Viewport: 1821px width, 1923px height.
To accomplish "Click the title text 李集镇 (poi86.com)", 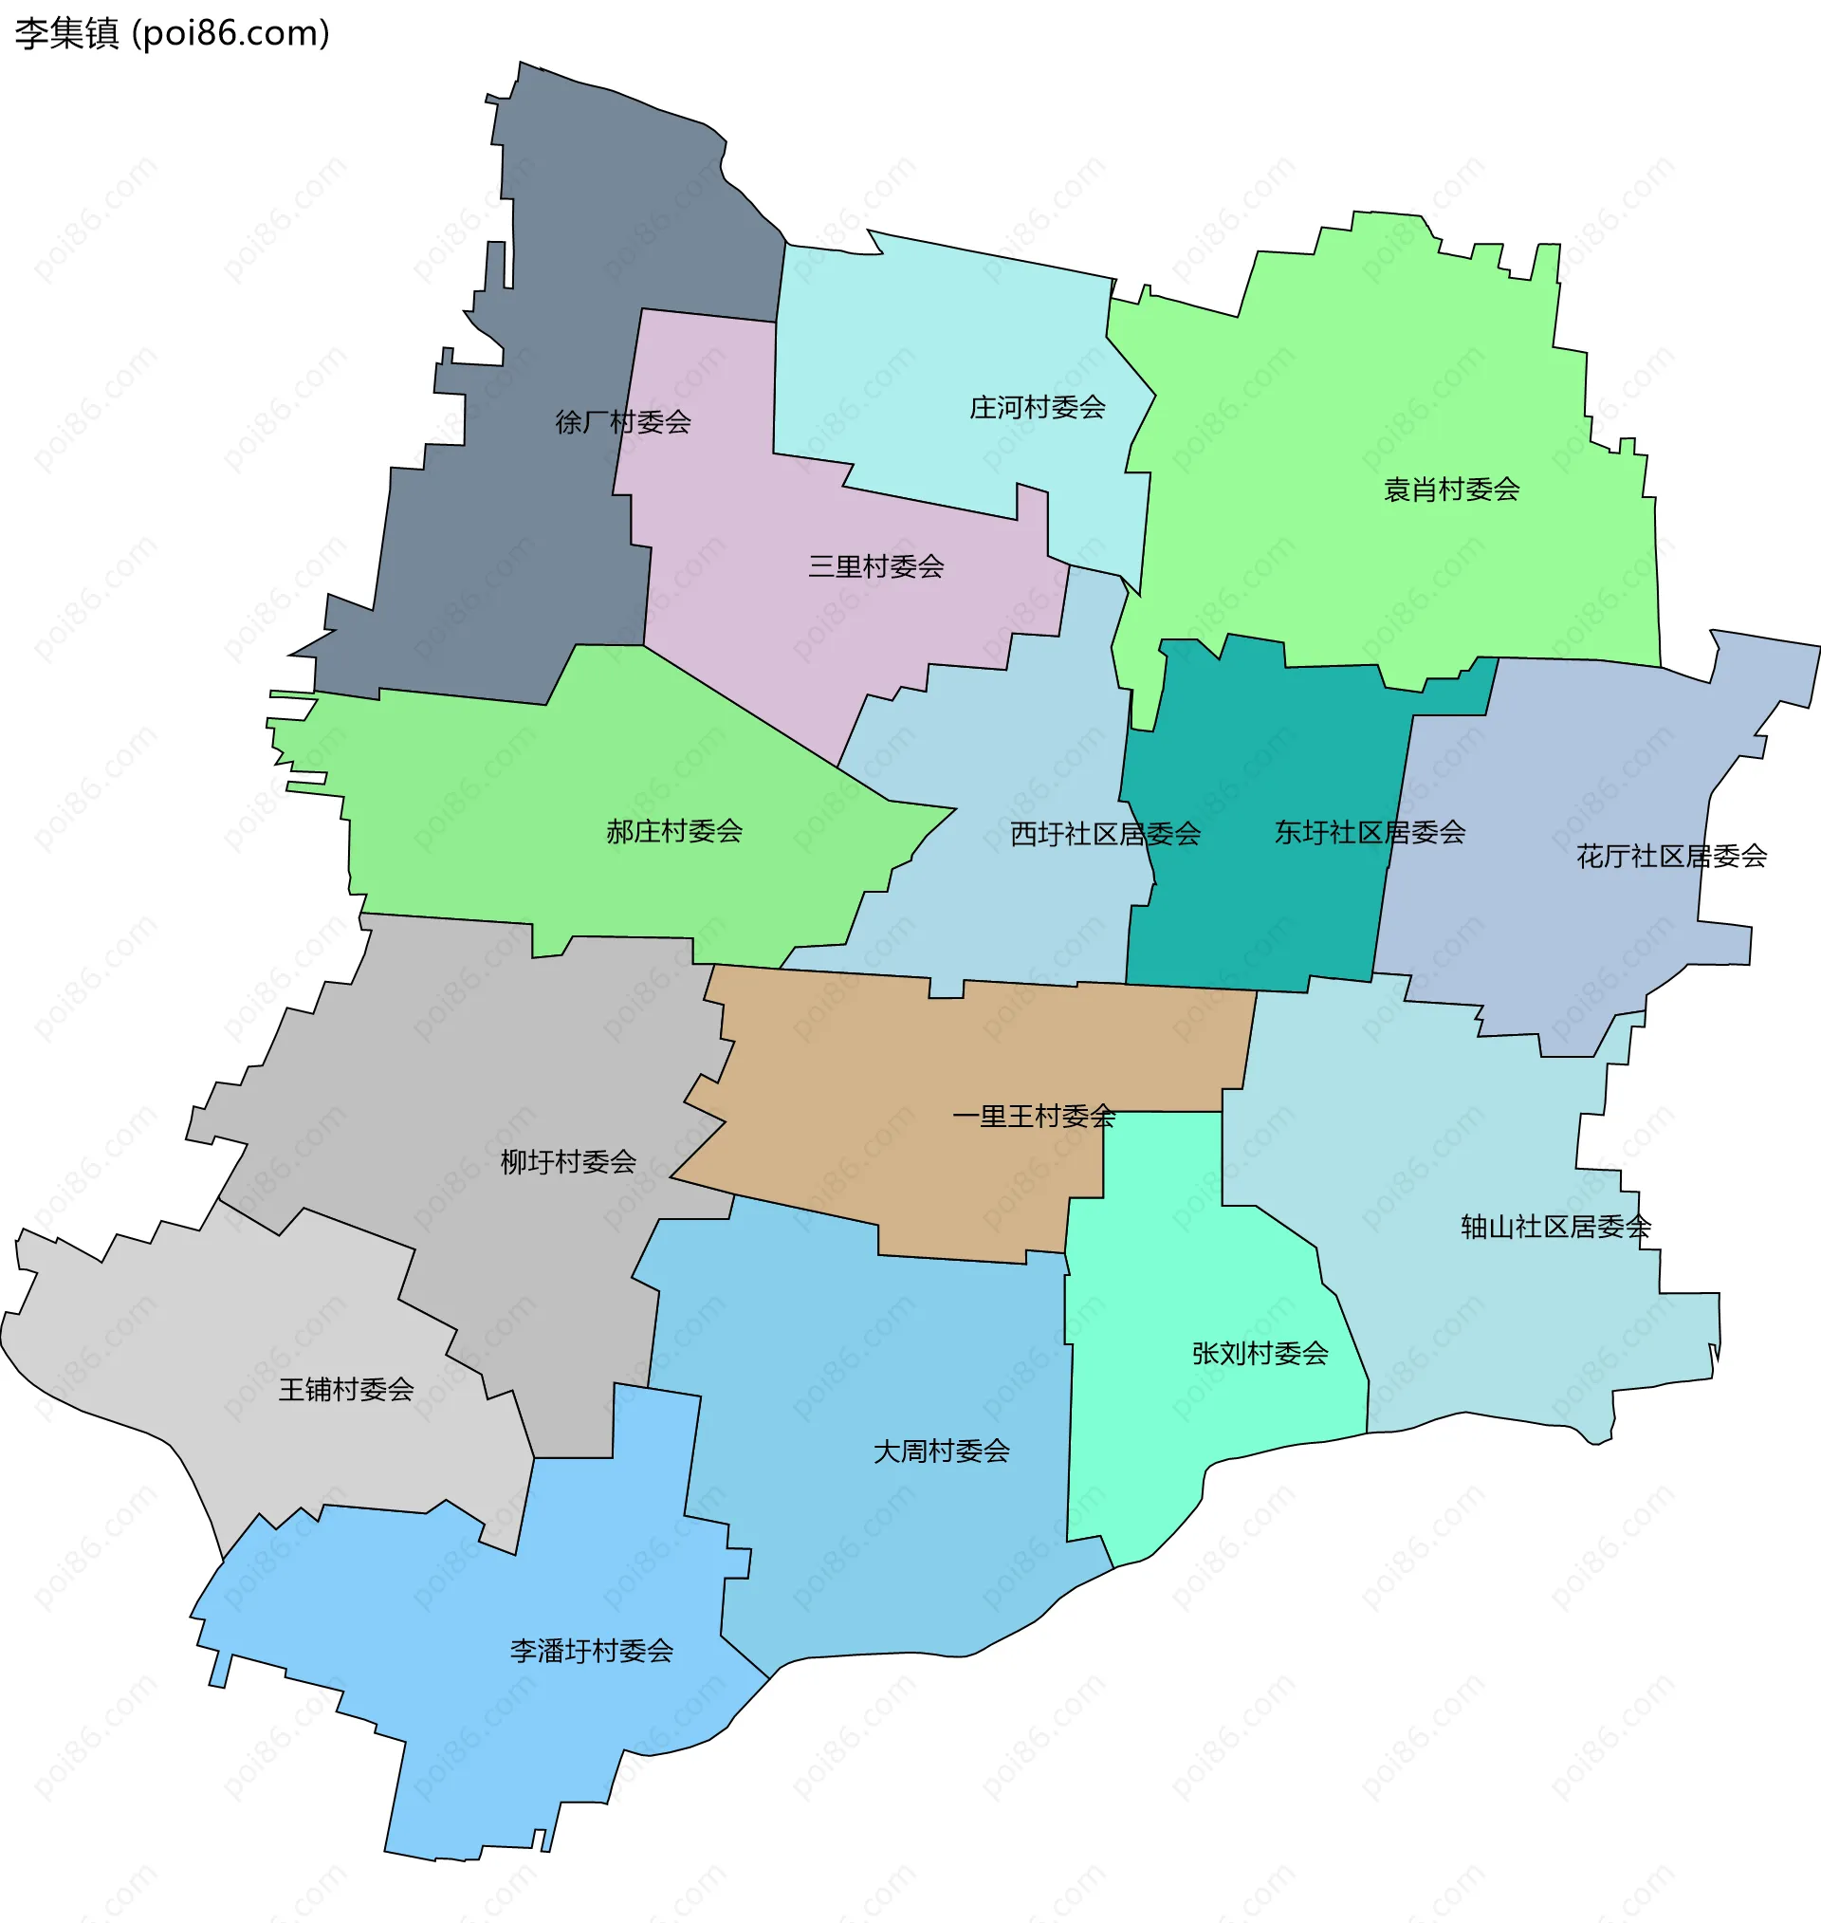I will click(x=173, y=34).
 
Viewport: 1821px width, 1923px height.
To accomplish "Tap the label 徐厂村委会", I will click(x=622, y=422).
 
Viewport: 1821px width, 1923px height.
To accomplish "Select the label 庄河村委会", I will click(x=1037, y=408).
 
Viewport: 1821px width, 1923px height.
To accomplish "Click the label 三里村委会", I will click(x=875, y=567).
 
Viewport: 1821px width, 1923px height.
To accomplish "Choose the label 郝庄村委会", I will click(x=673, y=831).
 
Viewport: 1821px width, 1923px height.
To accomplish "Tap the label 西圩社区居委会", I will click(x=1105, y=834).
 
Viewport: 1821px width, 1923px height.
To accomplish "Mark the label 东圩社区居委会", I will click(x=1369, y=832).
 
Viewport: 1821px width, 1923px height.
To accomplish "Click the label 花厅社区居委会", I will click(x=1670, y=856).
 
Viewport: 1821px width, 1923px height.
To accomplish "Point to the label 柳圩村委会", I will click(x=568, y=1161).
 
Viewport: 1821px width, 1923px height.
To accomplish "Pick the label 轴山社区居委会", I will click(x=1555, y=1227).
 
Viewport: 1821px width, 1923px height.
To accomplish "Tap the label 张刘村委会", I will click(x=1259, y=1353).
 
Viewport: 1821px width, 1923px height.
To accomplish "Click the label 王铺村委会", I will click(x=345, y=1389).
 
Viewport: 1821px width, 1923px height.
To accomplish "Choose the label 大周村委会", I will click(x=941, y=1451).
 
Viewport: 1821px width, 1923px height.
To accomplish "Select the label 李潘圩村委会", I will click(x=591, y=1650).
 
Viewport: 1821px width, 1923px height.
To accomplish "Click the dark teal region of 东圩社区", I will click(x=1261, y=922).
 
